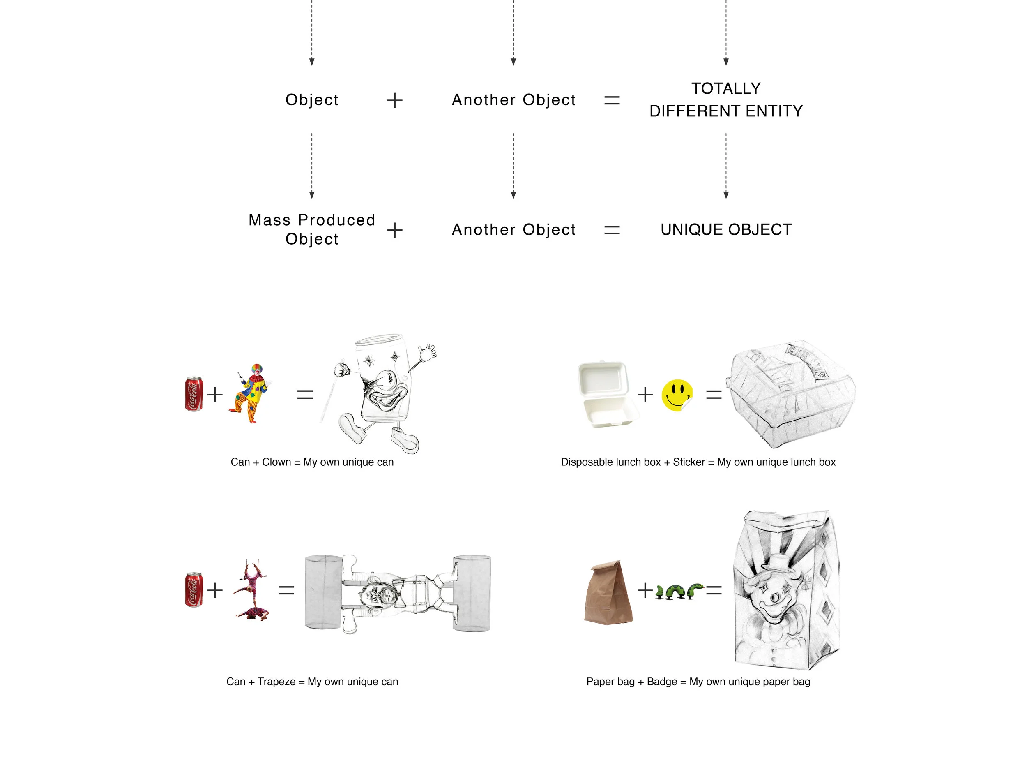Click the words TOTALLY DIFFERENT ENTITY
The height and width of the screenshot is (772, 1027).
point(726,100)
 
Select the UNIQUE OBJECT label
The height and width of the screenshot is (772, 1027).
point(726,229)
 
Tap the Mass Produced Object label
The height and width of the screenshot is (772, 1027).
point(311,229)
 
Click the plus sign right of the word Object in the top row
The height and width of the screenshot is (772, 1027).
point(395,100)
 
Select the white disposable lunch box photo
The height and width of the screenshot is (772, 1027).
point(605,394)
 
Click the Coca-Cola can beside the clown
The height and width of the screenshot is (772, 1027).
point(193,394)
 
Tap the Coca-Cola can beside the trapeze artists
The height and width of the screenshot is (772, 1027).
point(193,590)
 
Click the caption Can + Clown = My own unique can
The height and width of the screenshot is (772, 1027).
point(312,462)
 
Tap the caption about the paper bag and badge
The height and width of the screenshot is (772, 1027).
point(698,682)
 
